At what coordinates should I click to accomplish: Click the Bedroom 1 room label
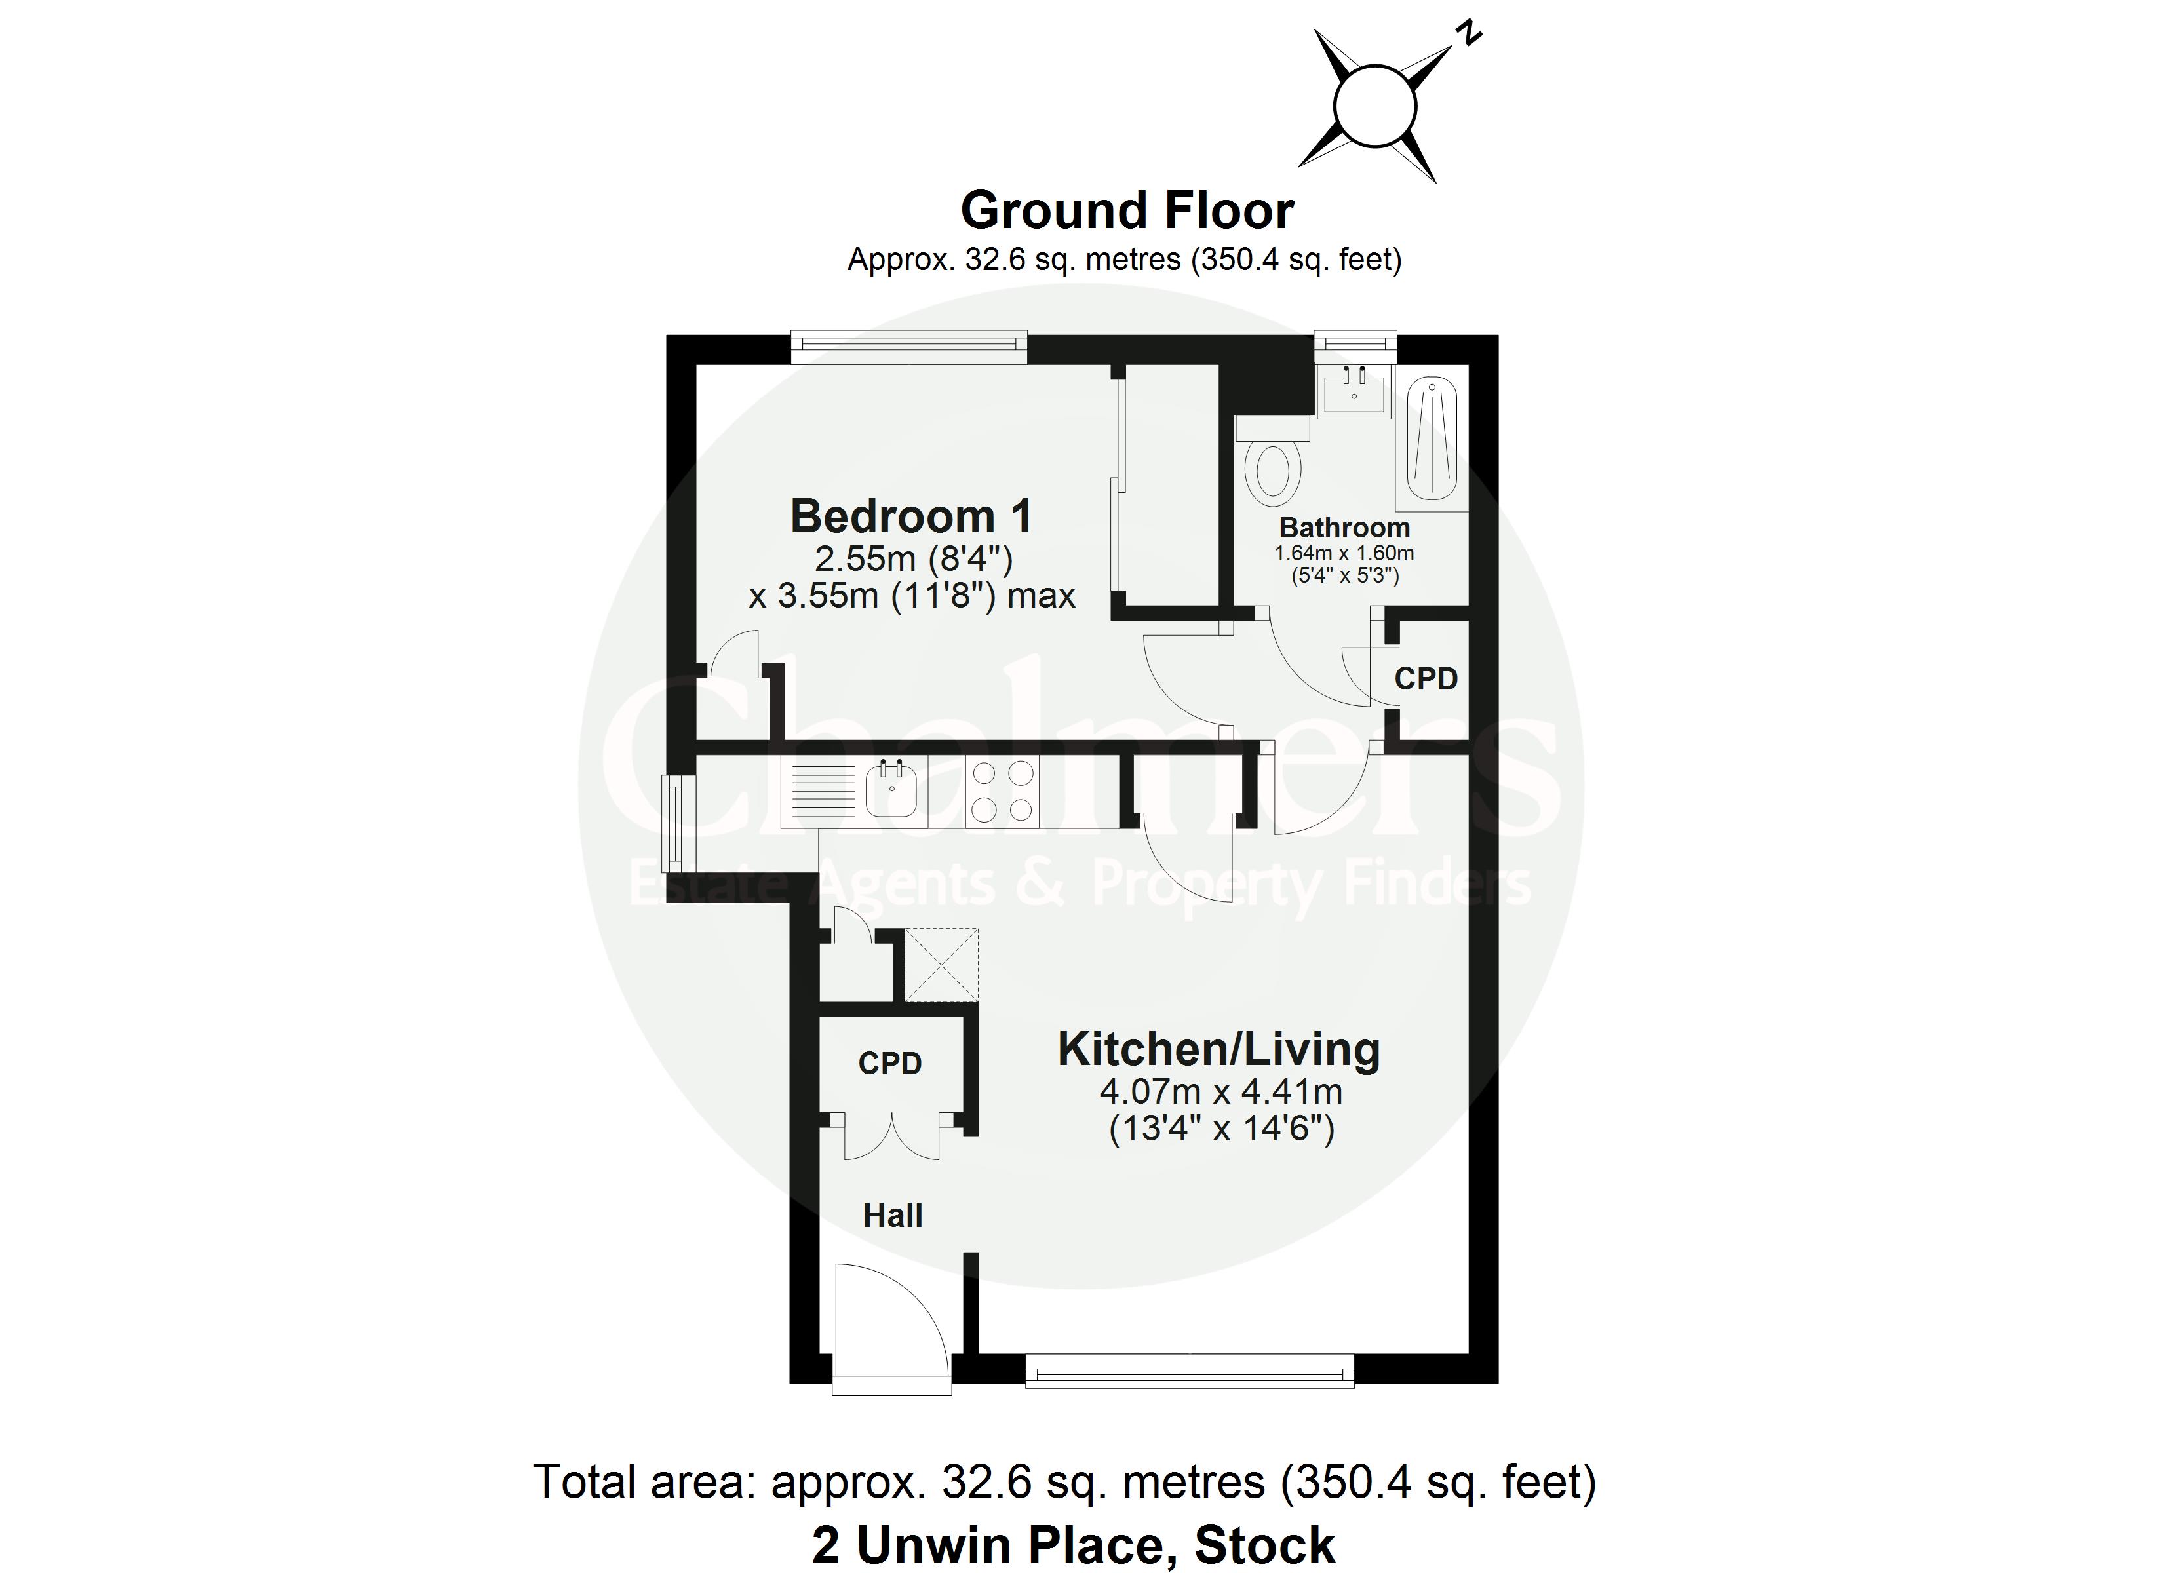tap(911, 516)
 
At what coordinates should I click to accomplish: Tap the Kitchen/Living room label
tap(1219, 1049)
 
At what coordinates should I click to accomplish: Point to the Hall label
tap(893, 1215)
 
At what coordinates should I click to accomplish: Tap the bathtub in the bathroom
tap(1432, 440)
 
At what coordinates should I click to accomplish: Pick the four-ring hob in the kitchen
tap(1002, 791)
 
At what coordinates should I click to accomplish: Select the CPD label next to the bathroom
tap(1426, 678)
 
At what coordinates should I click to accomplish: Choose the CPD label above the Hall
tap(890, 1062)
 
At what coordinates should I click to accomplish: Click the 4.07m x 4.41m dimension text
tap(1220, 1091)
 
